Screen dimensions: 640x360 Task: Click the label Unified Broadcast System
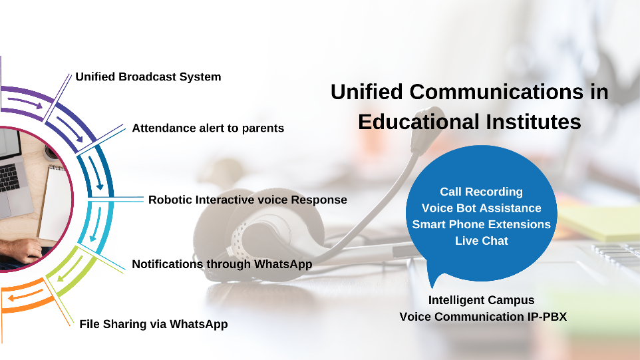pos(148,77)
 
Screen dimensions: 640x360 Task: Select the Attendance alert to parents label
pos(208,128)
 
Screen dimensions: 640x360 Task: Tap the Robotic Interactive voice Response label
pos(247,200)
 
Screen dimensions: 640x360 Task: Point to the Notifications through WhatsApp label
pos(222,264)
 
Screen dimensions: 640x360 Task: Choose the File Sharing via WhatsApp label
pos(154,324)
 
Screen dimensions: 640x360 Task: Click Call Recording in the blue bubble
pos(481,192)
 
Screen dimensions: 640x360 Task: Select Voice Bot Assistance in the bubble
pos(481,208)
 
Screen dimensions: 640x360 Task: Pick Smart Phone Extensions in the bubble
pos(481,224)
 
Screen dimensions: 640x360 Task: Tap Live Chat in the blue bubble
pos(482,241)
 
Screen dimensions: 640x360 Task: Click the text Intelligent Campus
pos(481,300)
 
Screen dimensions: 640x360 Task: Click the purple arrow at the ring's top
pos(25,103)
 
